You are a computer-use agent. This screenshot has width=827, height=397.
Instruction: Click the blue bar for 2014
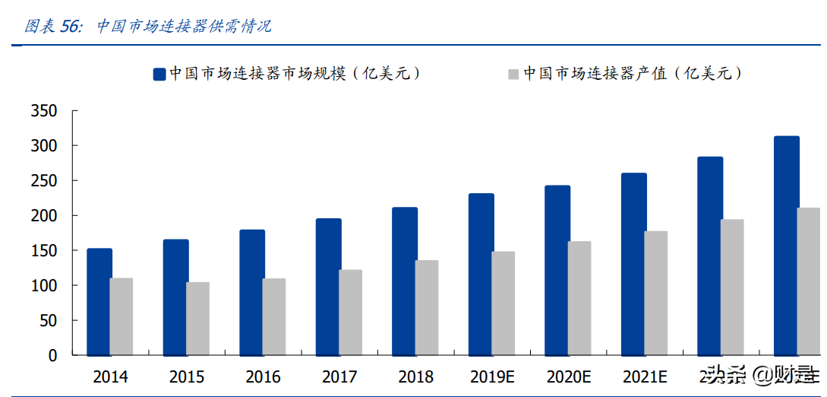[99, 302]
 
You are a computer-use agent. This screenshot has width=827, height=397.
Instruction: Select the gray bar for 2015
[197, 319]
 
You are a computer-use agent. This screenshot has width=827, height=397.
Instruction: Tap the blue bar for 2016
[252, 292]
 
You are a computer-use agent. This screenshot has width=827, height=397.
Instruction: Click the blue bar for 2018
[405, 281]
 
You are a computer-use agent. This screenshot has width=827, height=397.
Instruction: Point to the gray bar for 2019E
[503, 303]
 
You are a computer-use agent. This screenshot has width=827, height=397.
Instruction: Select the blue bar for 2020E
[557, 270]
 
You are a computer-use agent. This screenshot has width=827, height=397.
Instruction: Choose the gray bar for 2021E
[655, 293]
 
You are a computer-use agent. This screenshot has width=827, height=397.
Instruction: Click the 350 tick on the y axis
[44, 111]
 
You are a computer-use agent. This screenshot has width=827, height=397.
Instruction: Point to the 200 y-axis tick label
[44, 216]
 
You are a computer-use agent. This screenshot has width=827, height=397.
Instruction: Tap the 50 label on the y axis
[49, 321]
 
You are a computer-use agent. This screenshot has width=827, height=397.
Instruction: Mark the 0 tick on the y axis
[52, 355]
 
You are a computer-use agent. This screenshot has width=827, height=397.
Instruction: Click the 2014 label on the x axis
[110, 376]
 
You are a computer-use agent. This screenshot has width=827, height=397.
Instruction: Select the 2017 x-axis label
[339, 376]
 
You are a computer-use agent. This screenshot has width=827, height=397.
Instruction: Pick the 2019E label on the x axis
[492, 376]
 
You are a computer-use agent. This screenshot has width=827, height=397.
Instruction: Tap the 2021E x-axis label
[645, 376]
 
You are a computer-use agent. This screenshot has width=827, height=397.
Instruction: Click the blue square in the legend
[159, 74]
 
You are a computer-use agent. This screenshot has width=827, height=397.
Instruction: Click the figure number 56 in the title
[71, 27]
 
